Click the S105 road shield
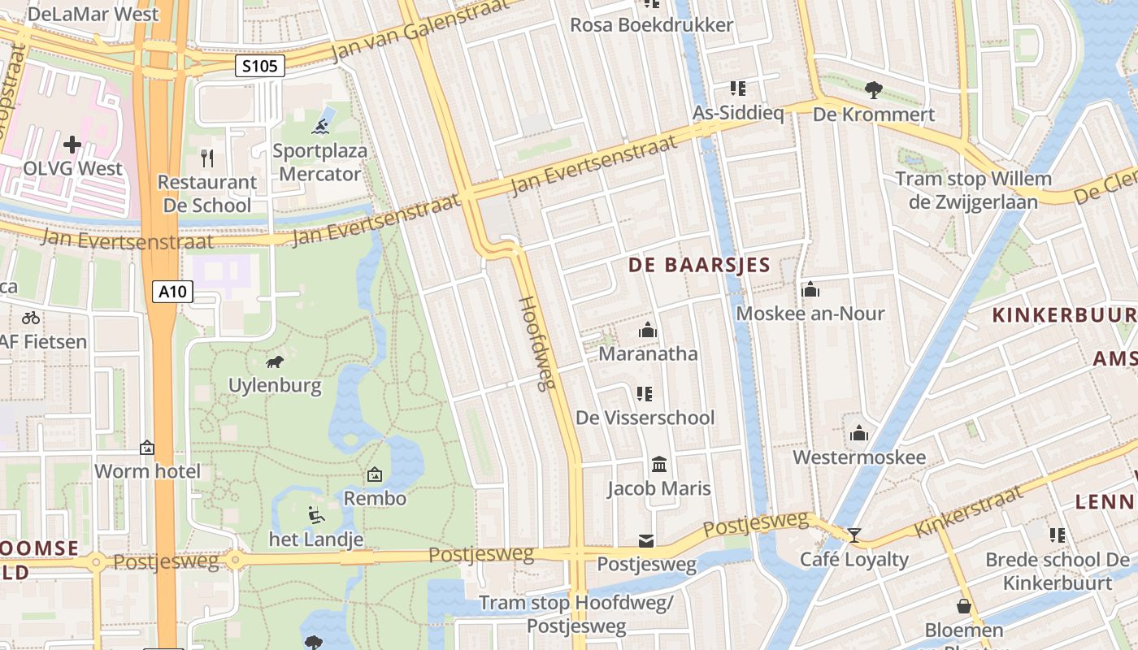pyautogui.click(x=260, y=66)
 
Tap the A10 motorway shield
pyautogui.click(x=172, y=291)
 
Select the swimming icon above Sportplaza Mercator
pyautogui.click(x=321, y=126)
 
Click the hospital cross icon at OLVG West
pyautogui.click(x=72, y=145)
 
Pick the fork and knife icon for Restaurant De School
pyautogui.click(x=206, y=158)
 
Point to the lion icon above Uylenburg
pyautogui.click(x=275, y=362)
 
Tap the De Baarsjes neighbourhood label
pyautogui.click(x=699, y=265)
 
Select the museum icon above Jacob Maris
pyautogui.click(x=659, y=465)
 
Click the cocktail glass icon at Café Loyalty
pyautogui.click(x=853, y=535)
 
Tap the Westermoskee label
pyautogui.click(x=859, y=457)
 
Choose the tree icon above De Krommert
pyautogui.click(x=874, y=89)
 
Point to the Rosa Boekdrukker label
pyautogui.click(x=651, y=25)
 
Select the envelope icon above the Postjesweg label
pyautogui.click(x=646, y=540)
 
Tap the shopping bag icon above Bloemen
pyautogui.click(x=963, y=606)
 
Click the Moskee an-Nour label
pyautogui.click(x=810, y=313)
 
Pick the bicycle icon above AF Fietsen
pyautogui.click(x=31, y=318)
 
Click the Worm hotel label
pyautogui.click(x=147, y=471)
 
